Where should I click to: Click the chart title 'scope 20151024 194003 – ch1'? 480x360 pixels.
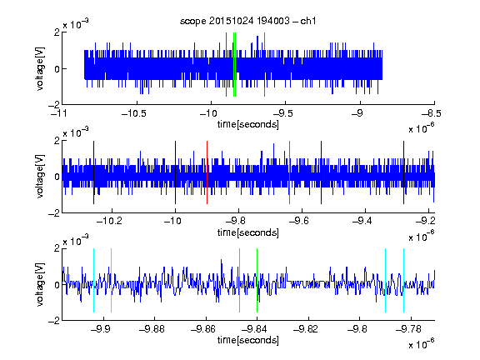pyautogui.click(x=247, y=21)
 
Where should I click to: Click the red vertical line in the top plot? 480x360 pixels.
pyautogui.click(x=226, y=65)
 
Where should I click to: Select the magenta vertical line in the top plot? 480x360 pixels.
pyautogui.click(x=264, y=65)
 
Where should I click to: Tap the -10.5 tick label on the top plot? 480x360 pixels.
pyautogui.click(x=134, y=113)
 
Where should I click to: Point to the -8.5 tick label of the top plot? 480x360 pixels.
pyautogui.click(x=431, y=113)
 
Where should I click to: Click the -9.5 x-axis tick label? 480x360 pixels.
pyautogui.click(x=282, y=113)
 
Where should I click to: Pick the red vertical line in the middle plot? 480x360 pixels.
pyautogui.click(x=207, y=172)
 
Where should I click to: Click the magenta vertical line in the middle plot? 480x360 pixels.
pyautogui.click(x=290, y=172)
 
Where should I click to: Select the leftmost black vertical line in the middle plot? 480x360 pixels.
pyautogui.click(x=93, y=172)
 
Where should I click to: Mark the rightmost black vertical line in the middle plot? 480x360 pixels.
pyautogui.click(x=403, y=172)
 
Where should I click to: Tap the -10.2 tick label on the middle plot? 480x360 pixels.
pyautogui.click(x=109, y=221)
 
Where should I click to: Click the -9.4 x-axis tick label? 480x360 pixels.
pyautogui.click(x=362, y=221)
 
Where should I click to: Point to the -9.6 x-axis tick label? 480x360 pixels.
pyautogui.click(x=298, y=221)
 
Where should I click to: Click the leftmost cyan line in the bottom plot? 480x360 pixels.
pyautogui.click(x=93, y=280)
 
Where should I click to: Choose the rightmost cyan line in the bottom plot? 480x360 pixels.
pyautogui.click(x=403, y=280)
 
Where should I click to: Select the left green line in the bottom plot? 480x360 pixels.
pyautogui.click(x=239, y=280)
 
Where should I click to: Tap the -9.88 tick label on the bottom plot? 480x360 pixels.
pyautogui.click(x=152, y=329)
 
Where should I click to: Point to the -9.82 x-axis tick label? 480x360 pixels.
pyautogui.click(x=306, y=329)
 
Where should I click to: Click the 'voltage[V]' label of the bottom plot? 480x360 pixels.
pyautogui.click(x=40, y=285)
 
